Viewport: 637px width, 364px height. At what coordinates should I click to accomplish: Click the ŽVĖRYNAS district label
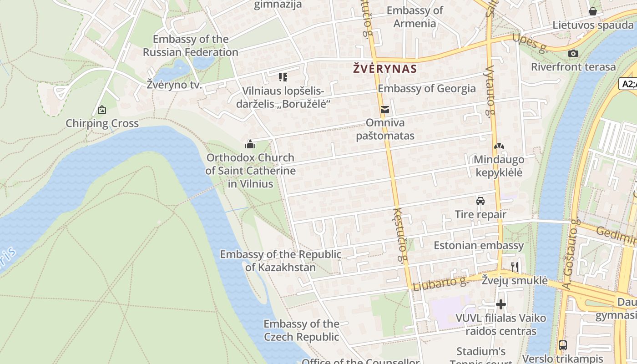pyautogui.click(x=385, y=69)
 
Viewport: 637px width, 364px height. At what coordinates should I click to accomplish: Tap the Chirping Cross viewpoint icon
pyautogui.click(x=102, y=110)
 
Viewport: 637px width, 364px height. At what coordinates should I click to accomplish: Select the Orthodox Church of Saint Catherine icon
pyautogui.click(x=250, y=145)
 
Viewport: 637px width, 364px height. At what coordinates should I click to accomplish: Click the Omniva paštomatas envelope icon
pyautogui.click(x=385, y=109)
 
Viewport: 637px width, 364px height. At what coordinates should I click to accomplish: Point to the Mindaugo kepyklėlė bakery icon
pyautogui.click(x=499, y=147)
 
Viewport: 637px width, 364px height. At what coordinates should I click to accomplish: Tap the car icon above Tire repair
pyautogui.click(x=480, y=201)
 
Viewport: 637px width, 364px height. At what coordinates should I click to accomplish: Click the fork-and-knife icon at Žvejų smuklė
pyautogui.click(x=515, y=267)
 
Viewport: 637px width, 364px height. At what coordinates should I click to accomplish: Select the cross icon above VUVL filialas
pyautogui.click(x=501, y=304)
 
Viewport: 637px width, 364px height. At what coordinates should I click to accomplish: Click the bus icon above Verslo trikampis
pyautogui.click(x=563, y=345)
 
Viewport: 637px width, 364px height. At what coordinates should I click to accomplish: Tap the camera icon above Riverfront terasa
pyautogui.click(x=573, y=53)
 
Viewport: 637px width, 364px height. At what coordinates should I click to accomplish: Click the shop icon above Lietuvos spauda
pyautogui.click(x=593, y=11)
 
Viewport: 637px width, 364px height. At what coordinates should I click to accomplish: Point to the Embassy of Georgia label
pyautogui.click(x=427, y=88)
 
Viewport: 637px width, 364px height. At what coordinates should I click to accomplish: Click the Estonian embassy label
pyautogui.click(x=479, y=245)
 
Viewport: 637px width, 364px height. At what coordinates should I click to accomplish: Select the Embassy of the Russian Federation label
pyautogui.click(x=191, y=45)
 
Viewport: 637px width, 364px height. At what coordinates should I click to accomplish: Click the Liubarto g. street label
pyautogui.click(x=440, y=283)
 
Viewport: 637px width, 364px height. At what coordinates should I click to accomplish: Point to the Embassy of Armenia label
pyautogui.click(x=415, y=17)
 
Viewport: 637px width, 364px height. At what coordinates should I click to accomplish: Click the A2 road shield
pyautogui.click(x=628, y=84)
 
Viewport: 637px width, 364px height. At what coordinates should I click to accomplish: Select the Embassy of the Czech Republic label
pyautogui.click(x=301, y=330)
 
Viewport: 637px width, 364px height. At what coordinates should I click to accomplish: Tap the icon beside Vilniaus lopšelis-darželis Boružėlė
pyautogui.click(x=283, y=77)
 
